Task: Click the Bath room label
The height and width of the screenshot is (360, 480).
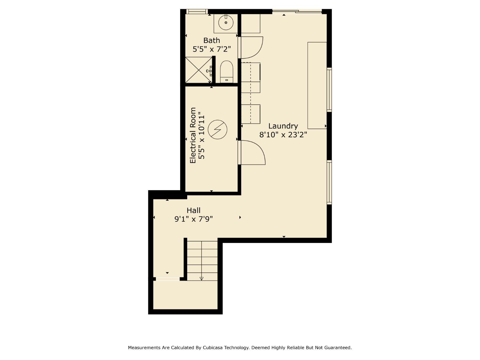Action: tap(212, 40)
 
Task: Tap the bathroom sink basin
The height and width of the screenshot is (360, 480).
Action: tap(226, 23)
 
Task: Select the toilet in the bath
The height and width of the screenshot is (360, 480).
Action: tap(227, 72)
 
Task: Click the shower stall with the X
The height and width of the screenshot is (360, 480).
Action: tap(198, 70)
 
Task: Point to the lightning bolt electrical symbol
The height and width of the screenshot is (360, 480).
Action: tap(217, 130)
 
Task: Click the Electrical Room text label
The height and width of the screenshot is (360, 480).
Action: tap(193, 135)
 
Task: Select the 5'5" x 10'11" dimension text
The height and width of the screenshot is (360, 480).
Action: tap(201, 135)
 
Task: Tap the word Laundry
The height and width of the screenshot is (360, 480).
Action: tap(283, 126)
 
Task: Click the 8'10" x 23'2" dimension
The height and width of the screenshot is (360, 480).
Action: tap(283, 135)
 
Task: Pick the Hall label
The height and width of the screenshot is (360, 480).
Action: tap(194, 210)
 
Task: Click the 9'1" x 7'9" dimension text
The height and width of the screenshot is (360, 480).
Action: tap(194, 219)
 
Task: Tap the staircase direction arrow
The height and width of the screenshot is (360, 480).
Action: tap(201, 278)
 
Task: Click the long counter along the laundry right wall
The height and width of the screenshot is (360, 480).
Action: tap(317, 85)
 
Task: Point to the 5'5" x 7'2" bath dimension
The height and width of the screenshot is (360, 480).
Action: tap(212, 49)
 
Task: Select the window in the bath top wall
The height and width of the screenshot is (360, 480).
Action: tap(197, 12)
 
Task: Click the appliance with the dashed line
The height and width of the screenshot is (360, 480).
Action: tap(251, 78)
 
